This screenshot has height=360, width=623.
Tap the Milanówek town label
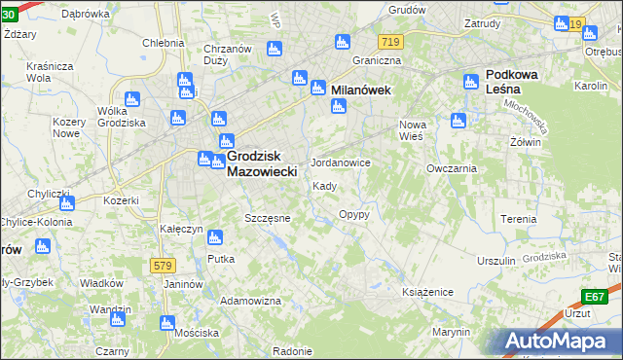tap(361, 90)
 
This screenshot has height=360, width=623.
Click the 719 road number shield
tap(391, 42)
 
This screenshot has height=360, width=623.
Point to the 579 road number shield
tap(164, 265)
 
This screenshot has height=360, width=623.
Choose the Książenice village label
tap(428, 291)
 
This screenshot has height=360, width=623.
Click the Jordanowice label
tap(340, 162)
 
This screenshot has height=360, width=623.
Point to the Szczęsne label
tap(268, 218)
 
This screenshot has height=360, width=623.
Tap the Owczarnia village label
tap(451, 168)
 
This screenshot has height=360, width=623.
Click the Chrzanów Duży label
tap(228, 55)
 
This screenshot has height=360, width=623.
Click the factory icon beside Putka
tap(215, 236)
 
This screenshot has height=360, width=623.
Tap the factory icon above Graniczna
tap(342, 42)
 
